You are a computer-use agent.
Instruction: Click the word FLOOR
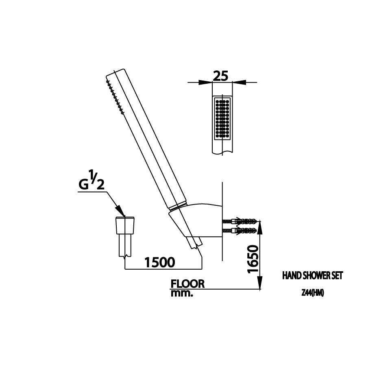click(x=187, y=284)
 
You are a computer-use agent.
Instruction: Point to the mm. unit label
click(x=181, y=293)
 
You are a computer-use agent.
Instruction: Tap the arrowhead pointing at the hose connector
click(x=121, y=211)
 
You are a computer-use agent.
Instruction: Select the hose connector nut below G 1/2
click(x=126, y=225)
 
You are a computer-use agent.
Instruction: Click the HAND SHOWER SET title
click(x=312, y=276)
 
